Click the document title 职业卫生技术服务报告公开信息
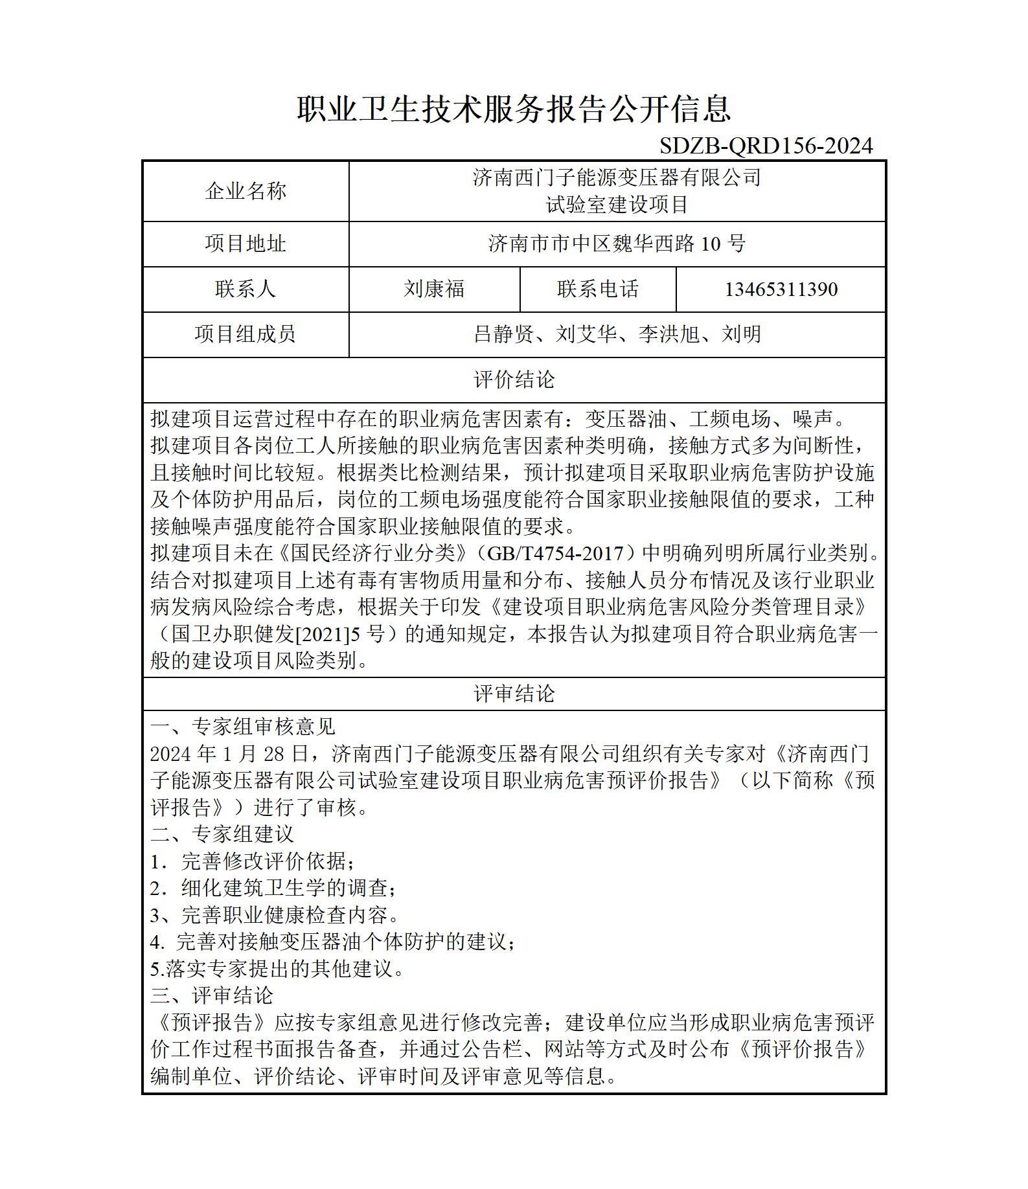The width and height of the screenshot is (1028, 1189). point(514,109)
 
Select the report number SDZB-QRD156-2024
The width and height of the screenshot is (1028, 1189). point(766,146)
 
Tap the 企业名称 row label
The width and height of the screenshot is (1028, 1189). point(246,191)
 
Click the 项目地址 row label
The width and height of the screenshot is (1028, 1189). point(246,244)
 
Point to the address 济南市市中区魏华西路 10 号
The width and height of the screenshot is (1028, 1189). point(617,244)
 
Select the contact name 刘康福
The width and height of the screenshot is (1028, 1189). point(434,289)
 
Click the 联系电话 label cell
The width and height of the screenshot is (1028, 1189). point(598,289)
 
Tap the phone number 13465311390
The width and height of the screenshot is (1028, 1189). point(781,289)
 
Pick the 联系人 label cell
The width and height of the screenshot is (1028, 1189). point(246,289)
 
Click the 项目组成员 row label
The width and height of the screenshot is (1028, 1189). point(246,335)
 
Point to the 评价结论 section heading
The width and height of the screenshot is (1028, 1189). point(514,380)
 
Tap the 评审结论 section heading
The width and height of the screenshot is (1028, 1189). point(514,694)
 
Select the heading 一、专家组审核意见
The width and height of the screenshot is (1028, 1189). point(243,727)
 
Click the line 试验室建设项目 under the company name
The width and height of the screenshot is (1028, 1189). point(617,205)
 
